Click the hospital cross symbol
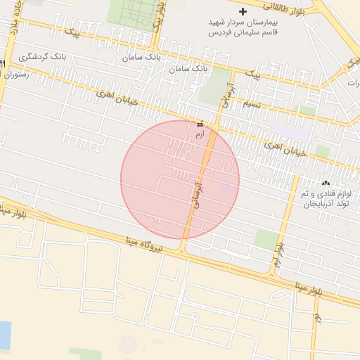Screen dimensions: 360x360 [243, 11]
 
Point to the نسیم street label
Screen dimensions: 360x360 [251, 105]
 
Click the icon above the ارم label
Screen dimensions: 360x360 [200, 124]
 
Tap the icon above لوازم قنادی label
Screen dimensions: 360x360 [325, 181]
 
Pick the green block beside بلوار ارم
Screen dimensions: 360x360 [266, 238]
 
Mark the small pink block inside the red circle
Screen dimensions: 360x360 [229, 188]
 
